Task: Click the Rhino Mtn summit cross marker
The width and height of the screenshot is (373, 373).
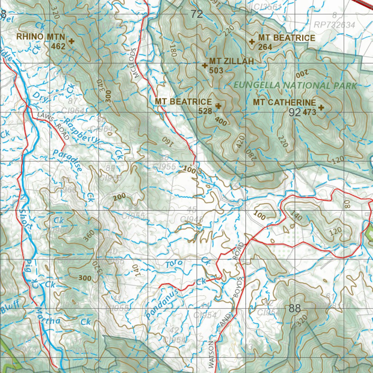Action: [71, 42]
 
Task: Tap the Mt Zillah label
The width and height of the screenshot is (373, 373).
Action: [231, 62]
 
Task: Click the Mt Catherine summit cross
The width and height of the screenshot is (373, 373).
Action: [321, 107]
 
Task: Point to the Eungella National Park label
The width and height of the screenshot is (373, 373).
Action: [295, 86]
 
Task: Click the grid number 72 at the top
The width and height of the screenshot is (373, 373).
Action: [196, 15]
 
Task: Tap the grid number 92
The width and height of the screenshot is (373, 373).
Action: [294, 113]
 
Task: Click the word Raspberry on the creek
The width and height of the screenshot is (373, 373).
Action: [82, 130]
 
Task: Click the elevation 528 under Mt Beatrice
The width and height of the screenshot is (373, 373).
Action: [205, 111]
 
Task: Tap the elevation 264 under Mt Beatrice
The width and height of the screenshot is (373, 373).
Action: [265, 47]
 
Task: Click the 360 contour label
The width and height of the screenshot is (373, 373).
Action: [89, 236]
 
